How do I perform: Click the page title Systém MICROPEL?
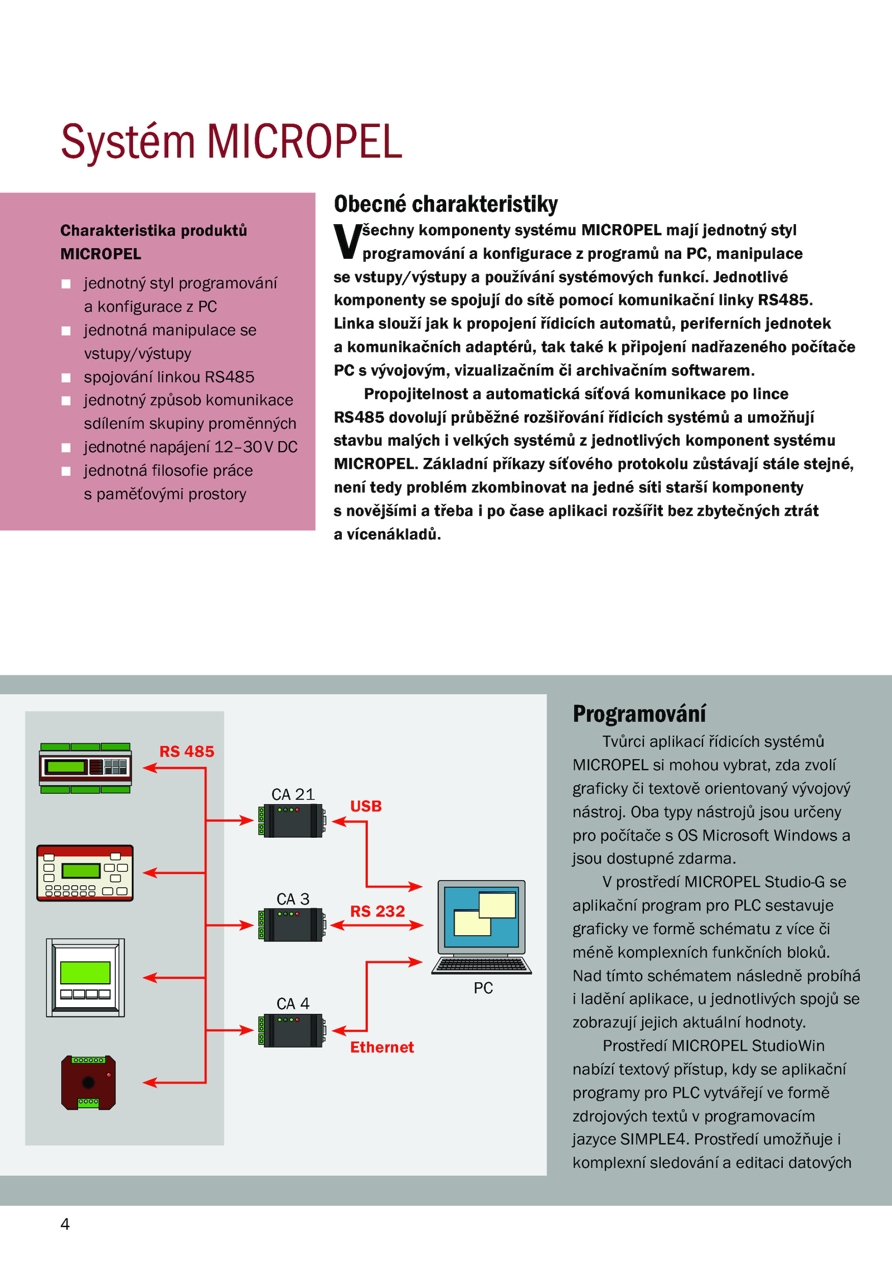231,142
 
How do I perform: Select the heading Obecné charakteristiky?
445,204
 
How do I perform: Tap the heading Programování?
639,713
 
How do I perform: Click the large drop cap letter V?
347,241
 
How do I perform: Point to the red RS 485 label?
187,751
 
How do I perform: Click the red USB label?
366,806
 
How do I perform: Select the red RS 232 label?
377,911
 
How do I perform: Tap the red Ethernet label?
382,1047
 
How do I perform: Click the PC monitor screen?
482,917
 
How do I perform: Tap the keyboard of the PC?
482,965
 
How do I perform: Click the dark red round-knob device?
88,1082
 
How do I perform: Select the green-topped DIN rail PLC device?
85,767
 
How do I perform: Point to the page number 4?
65,1224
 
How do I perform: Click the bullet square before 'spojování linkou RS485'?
66,378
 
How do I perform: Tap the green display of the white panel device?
85,973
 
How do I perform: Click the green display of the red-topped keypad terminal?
81,870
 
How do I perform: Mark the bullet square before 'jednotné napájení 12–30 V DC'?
66,447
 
